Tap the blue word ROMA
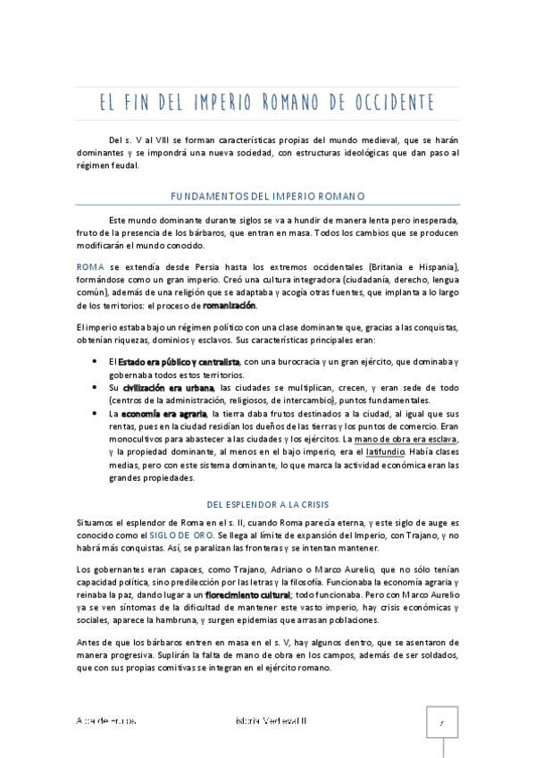pyautogui.click(x=90, y=268)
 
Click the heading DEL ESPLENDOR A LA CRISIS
pyautogui.click(x=267, y=504)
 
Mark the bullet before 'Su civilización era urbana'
pyautogui.click(x=96, y=388)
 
